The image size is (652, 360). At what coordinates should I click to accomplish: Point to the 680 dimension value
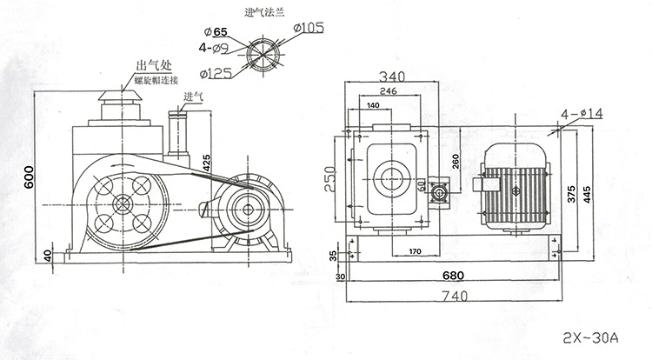click(x=452, y=276)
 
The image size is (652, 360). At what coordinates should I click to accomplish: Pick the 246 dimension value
click(x=388, y=90)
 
